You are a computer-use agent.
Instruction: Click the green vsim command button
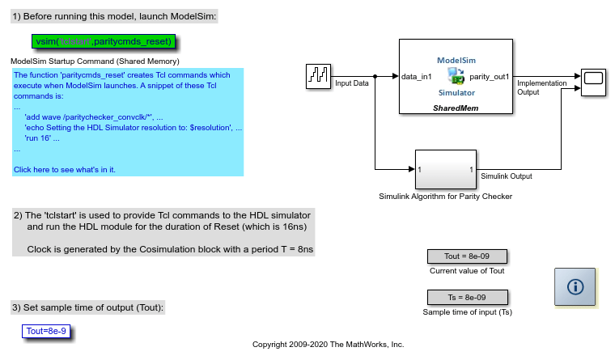[x=104, y=41]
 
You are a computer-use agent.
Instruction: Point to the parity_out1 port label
[x=490, y=77]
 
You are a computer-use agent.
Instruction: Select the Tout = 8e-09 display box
[x=467, y=256]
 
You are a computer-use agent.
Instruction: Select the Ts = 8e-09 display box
[x=467, y=297]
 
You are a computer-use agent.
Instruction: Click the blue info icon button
[x=575, y=286]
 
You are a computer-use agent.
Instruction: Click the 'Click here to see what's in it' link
[x=65, y=169]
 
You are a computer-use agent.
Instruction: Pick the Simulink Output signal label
[x=507, y=176]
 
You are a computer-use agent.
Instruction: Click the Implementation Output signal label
[x=541, y=87]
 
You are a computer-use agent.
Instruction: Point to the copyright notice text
[x=328, y=344]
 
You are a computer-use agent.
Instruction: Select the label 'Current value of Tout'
[x=467, y=271]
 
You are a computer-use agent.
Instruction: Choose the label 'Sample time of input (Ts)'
[x=467, y=311]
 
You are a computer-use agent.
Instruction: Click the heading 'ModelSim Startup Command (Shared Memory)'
[x=95, y=61]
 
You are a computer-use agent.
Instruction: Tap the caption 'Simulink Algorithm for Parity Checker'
[x=446, y=196]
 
